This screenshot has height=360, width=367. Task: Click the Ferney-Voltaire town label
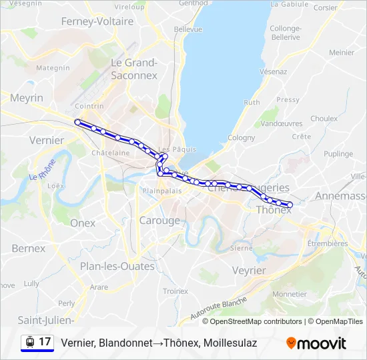pos(97,21)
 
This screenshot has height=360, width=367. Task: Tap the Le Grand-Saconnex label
pos(133,69)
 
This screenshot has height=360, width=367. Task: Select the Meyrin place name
pos(27,98)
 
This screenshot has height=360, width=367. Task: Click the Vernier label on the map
pos(47,140)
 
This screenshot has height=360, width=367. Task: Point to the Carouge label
pos(159,220)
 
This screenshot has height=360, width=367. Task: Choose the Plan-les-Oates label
pos(117,266)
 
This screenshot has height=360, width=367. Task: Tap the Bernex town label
pos(29,248)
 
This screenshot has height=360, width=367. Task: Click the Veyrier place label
pos(250,270)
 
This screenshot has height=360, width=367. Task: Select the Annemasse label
pos(340,195)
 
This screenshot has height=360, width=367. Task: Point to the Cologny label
pos(241,137)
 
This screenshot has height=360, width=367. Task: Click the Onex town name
pos(83,223)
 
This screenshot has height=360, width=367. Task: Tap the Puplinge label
pos(338,153)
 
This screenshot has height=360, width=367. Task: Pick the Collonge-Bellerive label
pos(286,33)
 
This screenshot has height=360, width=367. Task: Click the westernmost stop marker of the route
pos(78,122)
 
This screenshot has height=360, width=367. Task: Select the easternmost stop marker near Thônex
pos(290,205)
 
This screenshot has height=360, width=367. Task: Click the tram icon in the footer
pos(29,342)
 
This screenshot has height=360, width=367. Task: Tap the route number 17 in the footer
pos(45,342)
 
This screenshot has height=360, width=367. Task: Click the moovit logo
pos(316,343)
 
